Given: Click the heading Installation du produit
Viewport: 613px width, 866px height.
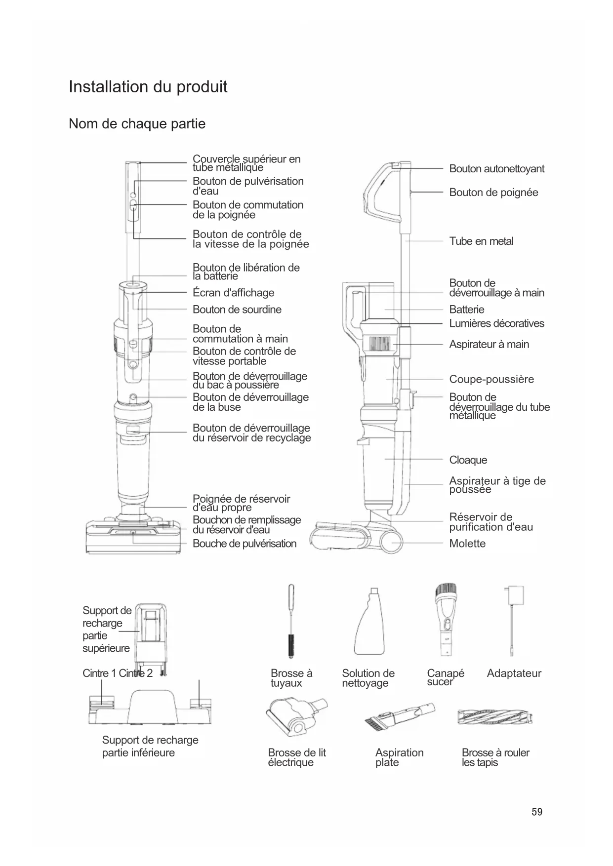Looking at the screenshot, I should pos(148,87).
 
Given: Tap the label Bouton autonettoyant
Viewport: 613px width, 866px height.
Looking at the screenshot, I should pos(496,169).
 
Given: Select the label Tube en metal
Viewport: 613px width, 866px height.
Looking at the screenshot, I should pos(481,241).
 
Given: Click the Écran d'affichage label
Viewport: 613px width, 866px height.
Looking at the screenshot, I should pos(233,293).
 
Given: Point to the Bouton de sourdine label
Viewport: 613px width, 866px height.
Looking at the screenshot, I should pos(237,310).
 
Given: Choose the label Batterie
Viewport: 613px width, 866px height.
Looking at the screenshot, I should pos(466,310).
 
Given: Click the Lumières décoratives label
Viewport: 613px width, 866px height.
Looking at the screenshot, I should pos(496,323).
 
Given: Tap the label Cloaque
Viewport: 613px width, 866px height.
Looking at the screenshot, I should pos(468,460).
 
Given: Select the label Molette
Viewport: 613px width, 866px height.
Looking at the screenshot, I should pos(467,544).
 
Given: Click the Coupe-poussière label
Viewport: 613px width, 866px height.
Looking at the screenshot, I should pos(491,379).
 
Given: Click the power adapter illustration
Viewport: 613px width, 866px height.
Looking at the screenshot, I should pos(513,620).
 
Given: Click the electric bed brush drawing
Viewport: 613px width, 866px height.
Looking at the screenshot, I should pos(296,717).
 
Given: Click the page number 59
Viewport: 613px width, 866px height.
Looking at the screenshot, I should pos(537,812).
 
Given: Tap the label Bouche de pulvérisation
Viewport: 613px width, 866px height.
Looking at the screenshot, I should pos(244,544).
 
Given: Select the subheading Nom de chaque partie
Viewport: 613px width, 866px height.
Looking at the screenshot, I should pos(137,123).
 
